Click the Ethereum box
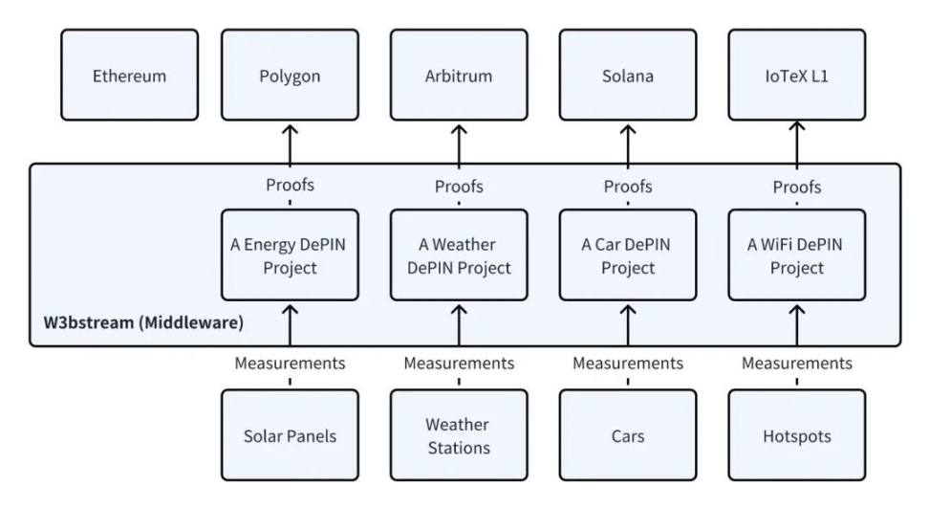click(130, 76)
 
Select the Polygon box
click(290, 76)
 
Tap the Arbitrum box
click(459, 76)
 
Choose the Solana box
click(628, 76)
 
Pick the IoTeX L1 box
click(797, 76)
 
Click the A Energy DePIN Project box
click(290, 254)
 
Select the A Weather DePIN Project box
click(459, 254)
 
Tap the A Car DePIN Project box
click(628, 254)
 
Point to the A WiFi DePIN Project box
click(797, 254)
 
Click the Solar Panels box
click(290, 435)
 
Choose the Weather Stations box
click(459, 435)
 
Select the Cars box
click(628, 435)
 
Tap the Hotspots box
click(797, 435)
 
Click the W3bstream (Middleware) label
click(143, 322)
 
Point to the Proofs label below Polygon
click(290, 185)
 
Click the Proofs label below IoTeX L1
click(797, 188)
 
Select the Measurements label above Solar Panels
click(290, 363)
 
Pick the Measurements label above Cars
click(628, 363)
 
